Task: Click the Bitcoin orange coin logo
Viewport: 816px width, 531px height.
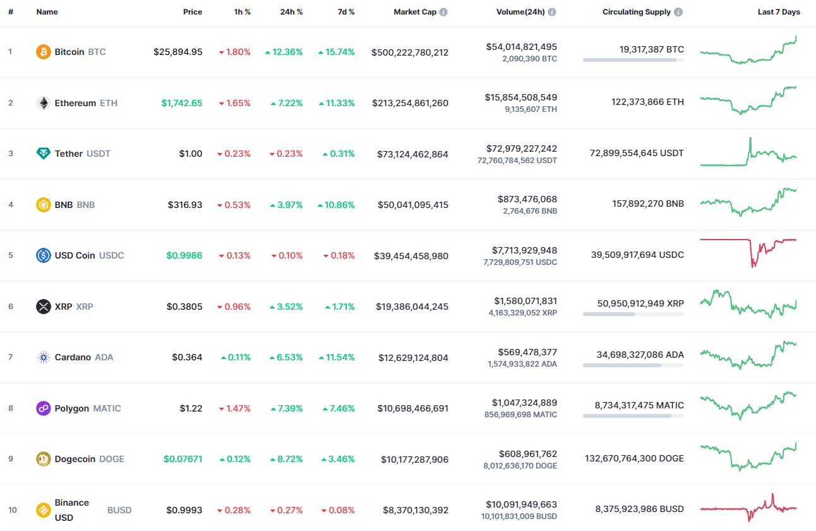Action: [44, 52]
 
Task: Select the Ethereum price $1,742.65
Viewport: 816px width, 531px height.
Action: [182, 103]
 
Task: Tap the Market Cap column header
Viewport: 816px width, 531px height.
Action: [414, 12]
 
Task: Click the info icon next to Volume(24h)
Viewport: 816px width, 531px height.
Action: [552, 12]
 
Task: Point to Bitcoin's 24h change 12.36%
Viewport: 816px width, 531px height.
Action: [284, 52]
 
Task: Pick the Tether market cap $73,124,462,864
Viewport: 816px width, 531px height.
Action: [412, 154]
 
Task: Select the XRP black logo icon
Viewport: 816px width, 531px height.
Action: [44, 307]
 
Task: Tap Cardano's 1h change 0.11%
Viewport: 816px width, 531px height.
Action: [236, 357]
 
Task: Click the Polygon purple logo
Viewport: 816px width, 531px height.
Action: [44, 408]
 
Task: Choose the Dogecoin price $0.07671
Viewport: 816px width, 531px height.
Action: [183, 459]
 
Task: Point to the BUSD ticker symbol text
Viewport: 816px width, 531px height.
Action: [119, 510]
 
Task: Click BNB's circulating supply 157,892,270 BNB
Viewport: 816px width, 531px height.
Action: [647, 204]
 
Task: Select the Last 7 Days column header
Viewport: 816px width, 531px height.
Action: [779, 12]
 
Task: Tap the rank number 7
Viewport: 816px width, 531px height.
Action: [10, 357]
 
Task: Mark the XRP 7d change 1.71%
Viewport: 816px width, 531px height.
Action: [340, 307]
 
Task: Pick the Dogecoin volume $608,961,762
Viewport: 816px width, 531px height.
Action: [522, 453]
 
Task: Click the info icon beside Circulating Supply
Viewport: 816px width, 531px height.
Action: [678, 12]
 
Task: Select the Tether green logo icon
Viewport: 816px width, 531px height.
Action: [44, 154]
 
